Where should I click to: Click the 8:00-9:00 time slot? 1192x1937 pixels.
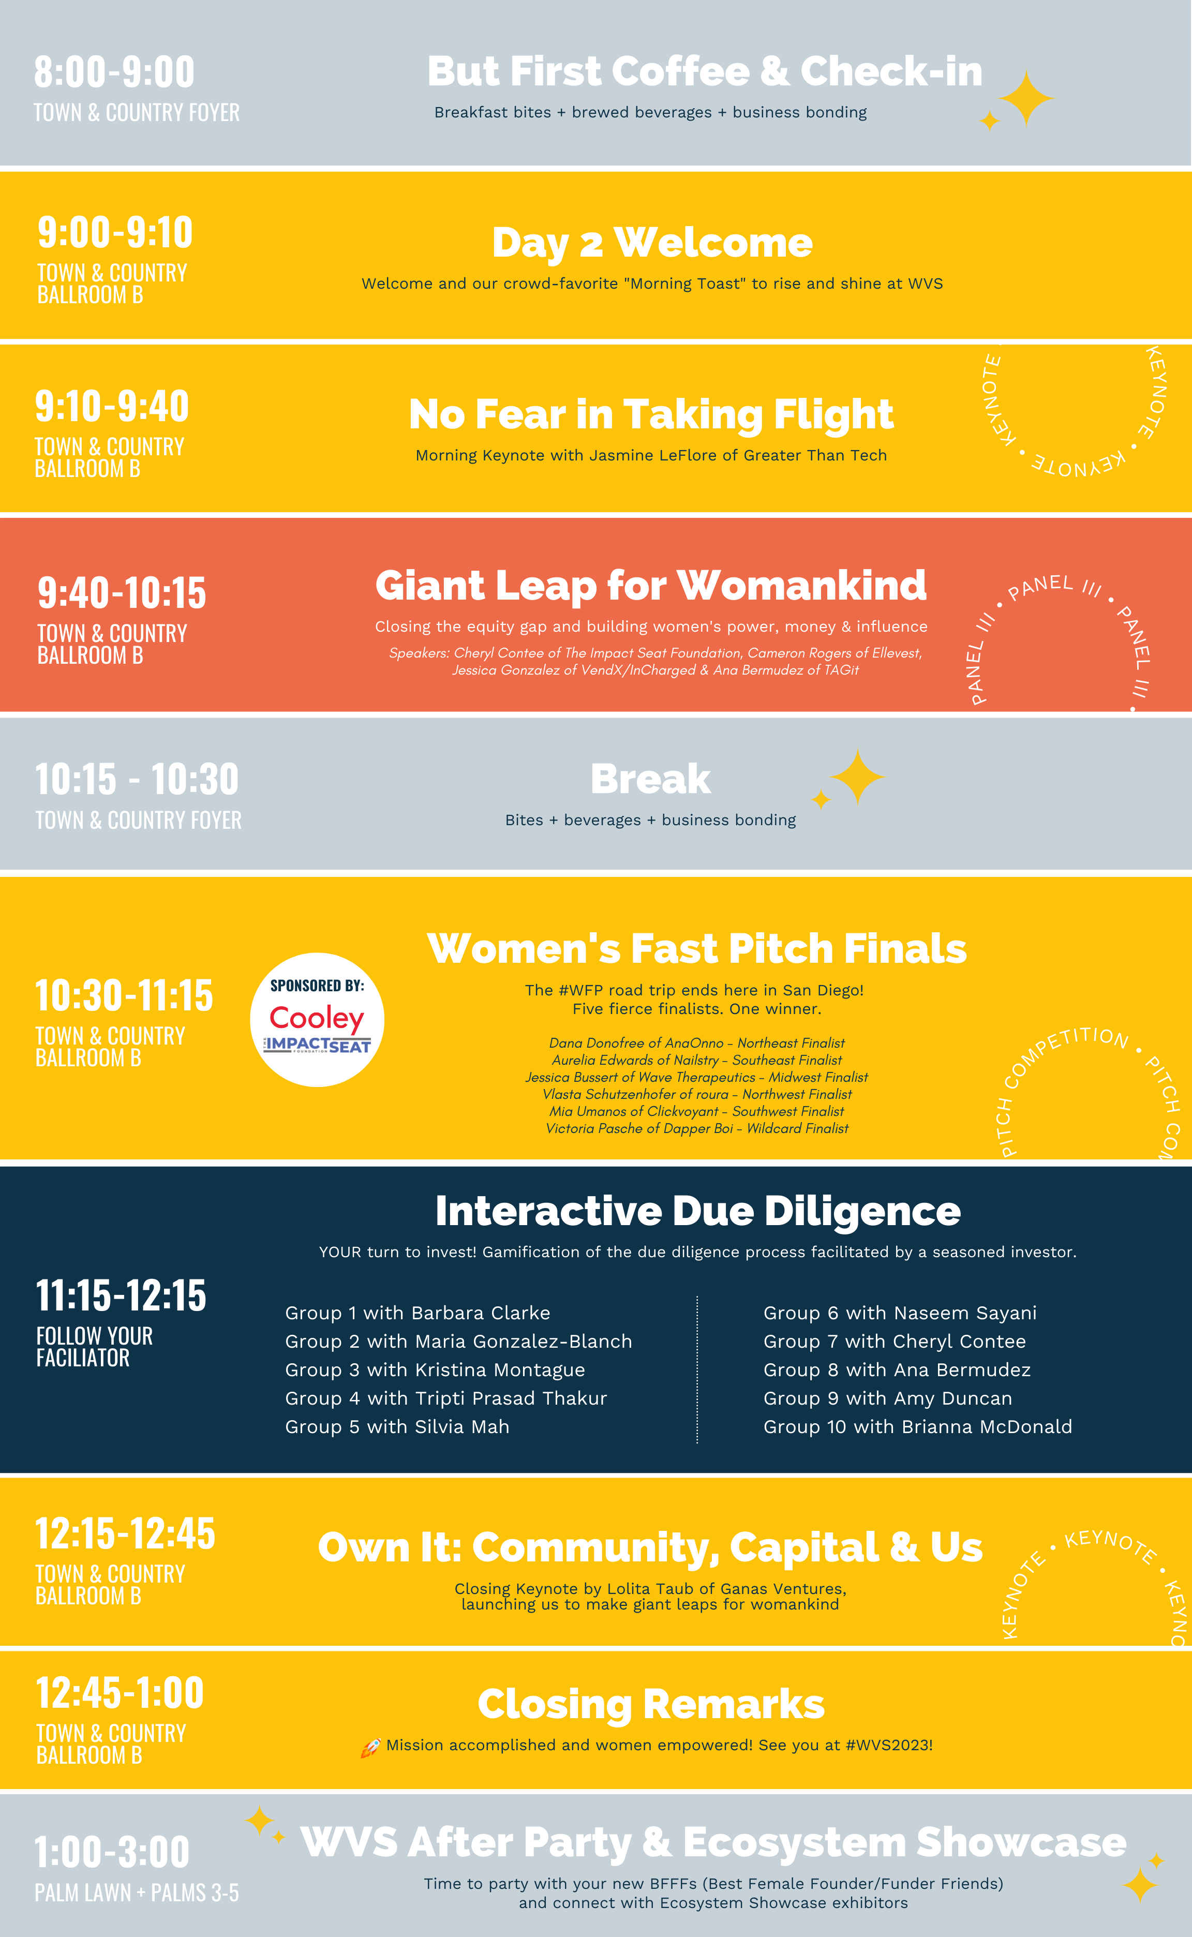[114, 72]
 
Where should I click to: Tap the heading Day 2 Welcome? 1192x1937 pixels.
[652, 243]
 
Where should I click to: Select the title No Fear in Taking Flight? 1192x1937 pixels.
[651, 415]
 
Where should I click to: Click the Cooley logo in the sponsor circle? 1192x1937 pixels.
[317, 1018]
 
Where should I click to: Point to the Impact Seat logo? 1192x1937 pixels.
[317, 1046]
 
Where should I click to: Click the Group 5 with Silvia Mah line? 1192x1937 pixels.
[397, 1427]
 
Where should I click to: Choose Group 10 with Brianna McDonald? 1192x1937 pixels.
[918, 1427]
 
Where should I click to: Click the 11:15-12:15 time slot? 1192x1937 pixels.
[122, 1295]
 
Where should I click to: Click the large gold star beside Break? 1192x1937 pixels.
[858, 777]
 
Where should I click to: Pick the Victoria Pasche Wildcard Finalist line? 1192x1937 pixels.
[697, 1128]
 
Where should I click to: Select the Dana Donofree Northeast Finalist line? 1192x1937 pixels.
[697, 1043]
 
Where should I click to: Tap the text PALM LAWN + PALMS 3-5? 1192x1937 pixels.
[137, 1893]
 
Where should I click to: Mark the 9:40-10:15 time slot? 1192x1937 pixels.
[122, 593]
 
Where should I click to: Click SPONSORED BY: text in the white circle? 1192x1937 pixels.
[317, 986]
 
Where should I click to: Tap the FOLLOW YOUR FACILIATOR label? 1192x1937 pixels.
[95, 1347]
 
